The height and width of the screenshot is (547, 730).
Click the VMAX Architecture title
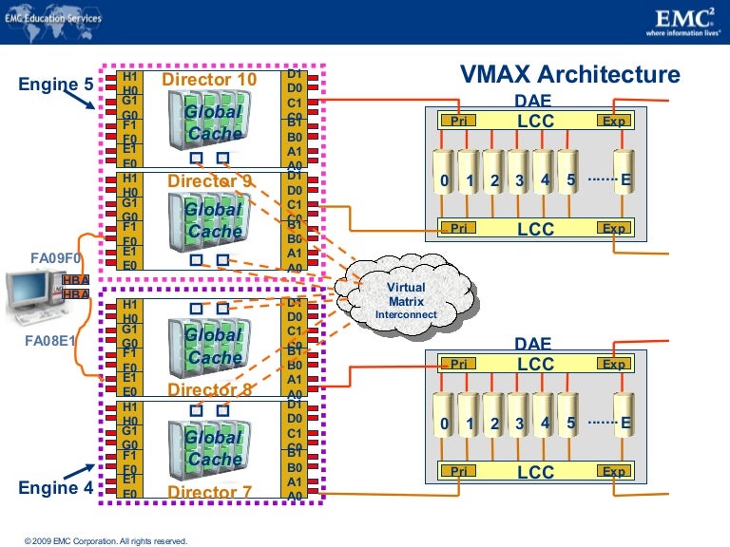(x=570, y=75)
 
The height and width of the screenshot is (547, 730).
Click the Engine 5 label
(x=56, y=84)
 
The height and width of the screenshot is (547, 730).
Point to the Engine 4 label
(x=56, y=488)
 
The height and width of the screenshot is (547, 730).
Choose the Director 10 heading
(x=209, y=79)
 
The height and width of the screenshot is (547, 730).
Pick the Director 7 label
(x=209, y=492)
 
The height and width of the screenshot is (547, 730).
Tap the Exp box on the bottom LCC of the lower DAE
(x=614, y=472)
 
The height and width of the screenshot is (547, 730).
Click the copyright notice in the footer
(x=106, y=540)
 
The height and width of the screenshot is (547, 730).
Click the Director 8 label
(x=209, y=389)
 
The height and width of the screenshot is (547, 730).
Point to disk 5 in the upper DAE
(x=569, y=179)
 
